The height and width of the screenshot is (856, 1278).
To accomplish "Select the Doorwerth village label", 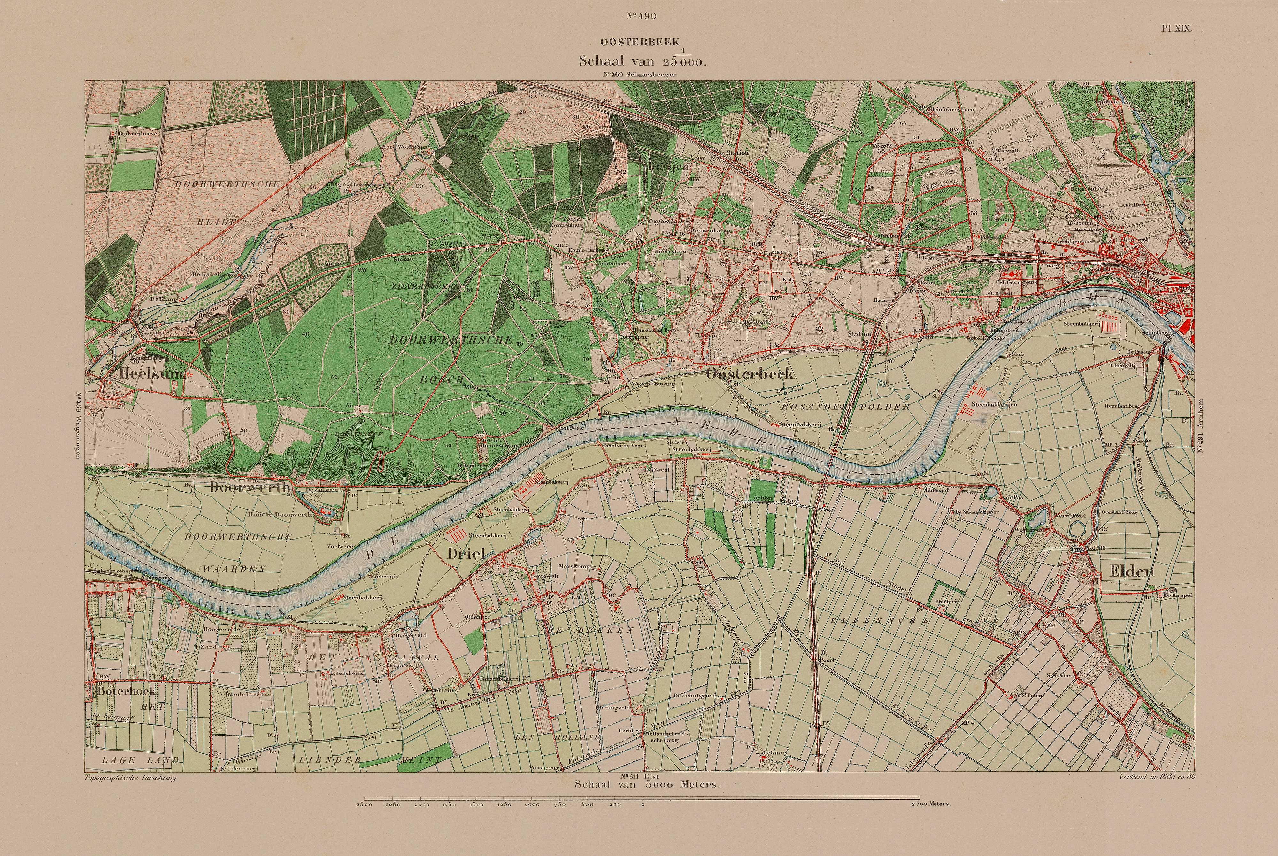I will pyautogui.click(x=248, y=488).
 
